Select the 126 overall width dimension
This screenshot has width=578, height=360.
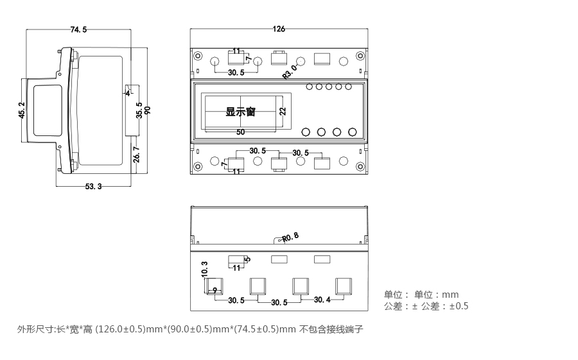pos(279,30)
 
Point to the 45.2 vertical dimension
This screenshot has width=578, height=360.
pos(22,110)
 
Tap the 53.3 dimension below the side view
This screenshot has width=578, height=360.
pos(93,187)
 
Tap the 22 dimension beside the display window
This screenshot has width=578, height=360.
pos(283,112)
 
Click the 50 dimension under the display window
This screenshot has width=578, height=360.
pos(241,132)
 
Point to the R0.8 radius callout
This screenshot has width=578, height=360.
pos(290,237)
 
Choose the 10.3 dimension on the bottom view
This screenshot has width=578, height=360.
pos(204,269)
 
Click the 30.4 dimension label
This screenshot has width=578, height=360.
pos(323,300)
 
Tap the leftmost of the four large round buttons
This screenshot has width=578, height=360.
pos(306,132)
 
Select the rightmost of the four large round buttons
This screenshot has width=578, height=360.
pos(352,132)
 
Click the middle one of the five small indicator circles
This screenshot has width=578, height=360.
pos(329,87)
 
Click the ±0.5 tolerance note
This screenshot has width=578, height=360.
pos(459,306)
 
